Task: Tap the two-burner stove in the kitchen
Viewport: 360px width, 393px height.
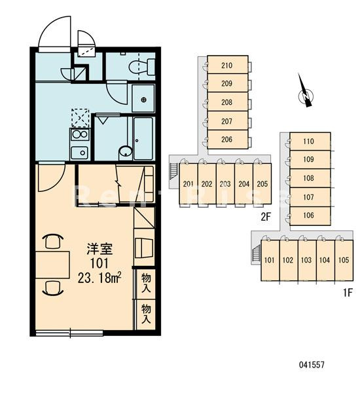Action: [x=80, y=134]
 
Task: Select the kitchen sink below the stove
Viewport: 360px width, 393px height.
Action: [x=79, y=153]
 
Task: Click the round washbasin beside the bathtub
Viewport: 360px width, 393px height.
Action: [x=125, y=152]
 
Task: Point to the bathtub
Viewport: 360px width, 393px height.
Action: [x=143, y=138]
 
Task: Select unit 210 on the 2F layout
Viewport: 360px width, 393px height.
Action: [x=228, y=65]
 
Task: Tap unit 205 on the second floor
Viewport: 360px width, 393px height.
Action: [x=262, y=185]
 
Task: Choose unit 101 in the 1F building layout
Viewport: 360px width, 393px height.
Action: [x=270, y=260]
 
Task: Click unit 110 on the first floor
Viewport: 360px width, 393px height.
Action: [x=310, y=141]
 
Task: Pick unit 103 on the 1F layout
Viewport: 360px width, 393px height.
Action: [x=307, y=260]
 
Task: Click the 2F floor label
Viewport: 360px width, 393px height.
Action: [x=266, y=217]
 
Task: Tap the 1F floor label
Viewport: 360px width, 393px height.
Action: [x=348, y=293]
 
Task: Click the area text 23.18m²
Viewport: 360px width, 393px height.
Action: [x=99, y=278]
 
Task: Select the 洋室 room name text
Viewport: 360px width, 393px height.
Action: [x=99, y=248]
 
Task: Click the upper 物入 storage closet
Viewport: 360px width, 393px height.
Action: [x=146, y=283]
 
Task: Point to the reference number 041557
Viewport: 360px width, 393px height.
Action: [x=312, y=365]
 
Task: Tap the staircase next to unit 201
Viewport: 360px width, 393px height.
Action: [x=173, y=171]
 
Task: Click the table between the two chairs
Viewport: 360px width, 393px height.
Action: [x=52, y=265]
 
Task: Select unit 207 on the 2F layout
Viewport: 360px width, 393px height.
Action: [x=228, y=121]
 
